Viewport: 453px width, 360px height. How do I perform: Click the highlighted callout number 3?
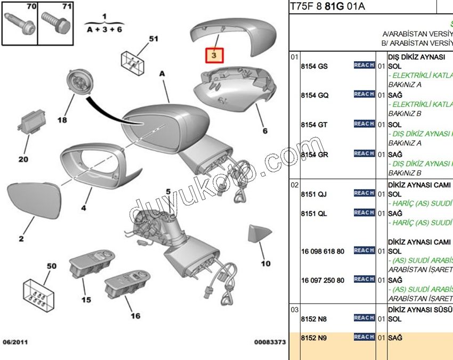click(x=216, y=55)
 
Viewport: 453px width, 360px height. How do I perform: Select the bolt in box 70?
click(x=19, y=22)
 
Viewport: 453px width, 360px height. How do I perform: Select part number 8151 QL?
click(x=314, y=213)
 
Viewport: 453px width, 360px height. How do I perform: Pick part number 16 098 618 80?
click(x=322, y=251)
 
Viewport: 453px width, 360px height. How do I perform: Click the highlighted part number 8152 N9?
click(x=314, y=338)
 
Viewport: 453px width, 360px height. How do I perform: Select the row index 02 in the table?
click(x=294, y=185)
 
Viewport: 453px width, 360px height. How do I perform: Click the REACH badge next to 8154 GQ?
click(x=364, y=94)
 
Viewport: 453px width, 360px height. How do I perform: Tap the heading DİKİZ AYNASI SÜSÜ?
click(x=420, y=309)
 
